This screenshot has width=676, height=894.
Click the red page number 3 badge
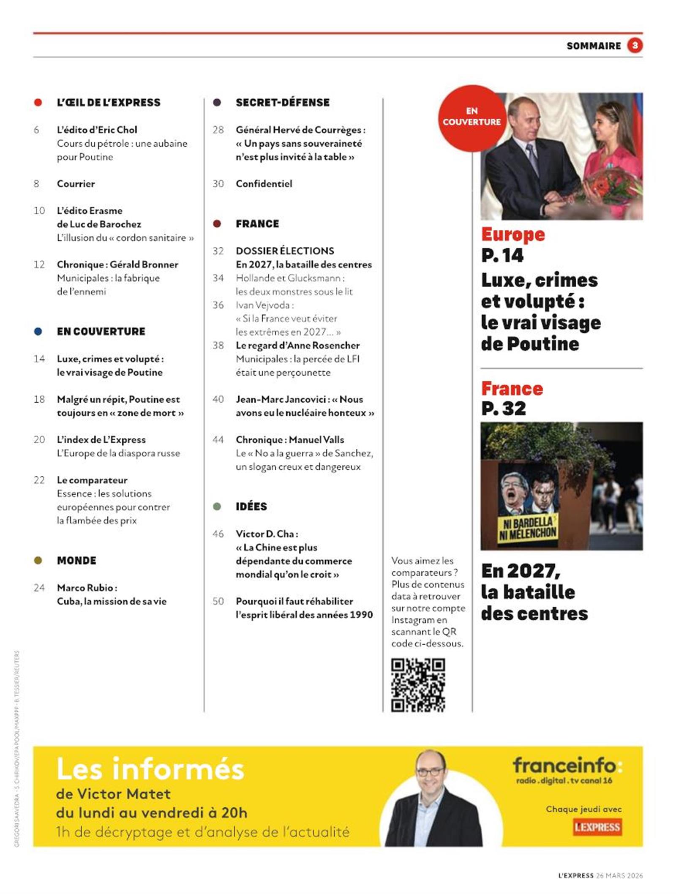click(x=635, y=46)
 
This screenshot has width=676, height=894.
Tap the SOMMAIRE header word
click(x=594, y=46)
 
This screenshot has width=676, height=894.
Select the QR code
click(x=418, y=685)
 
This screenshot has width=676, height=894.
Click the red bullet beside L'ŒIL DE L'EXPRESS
click(x=38, y=103)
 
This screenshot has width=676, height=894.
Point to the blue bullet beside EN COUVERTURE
click(x=38, y=332)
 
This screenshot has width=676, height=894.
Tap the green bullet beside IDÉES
click(x=217, y=507)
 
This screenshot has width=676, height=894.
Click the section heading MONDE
click(x=76, y=561)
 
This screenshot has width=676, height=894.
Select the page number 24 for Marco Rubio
click(x=39, y=588)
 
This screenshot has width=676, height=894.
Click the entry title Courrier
click(x=76, y=184)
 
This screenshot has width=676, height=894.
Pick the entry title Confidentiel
click(x=264, y=184)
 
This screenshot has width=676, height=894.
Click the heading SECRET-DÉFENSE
click(x=283, y=103)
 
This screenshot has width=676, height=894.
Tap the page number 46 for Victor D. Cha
click(x=218, y=534)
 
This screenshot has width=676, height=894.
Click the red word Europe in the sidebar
click(x=513, y=234)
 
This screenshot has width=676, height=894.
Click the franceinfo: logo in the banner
click(x=567, y=765)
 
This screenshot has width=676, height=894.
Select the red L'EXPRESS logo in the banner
click(x=597, y=827)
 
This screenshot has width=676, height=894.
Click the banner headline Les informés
click(x=150, y=769)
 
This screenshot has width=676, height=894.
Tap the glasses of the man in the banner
click(x=430, y=772)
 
